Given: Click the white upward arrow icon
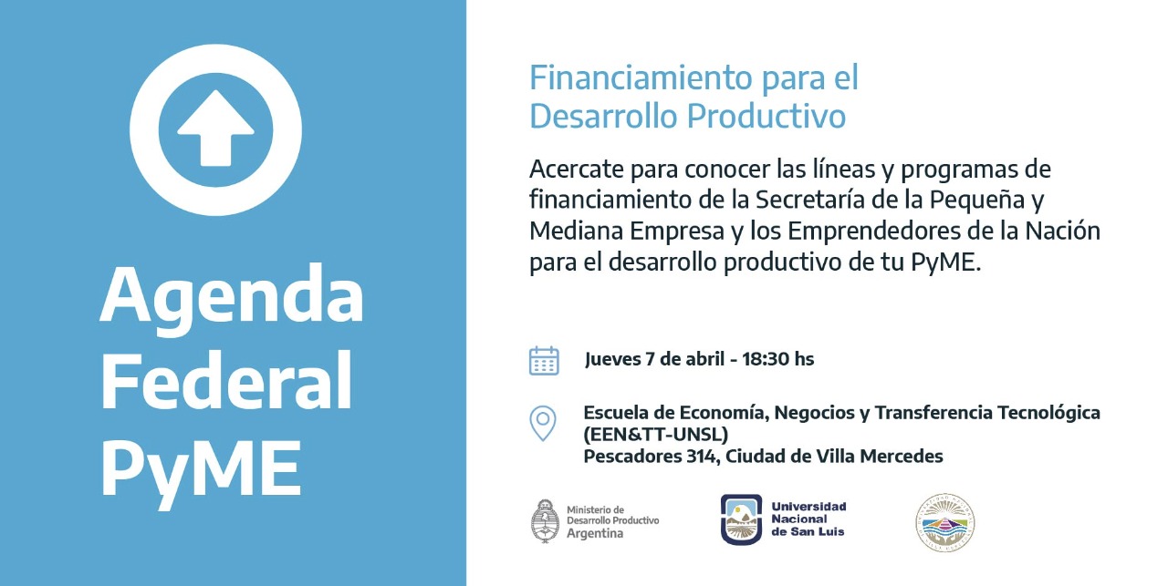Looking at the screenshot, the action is point(215,129).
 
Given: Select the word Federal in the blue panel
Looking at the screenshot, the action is point(226,380).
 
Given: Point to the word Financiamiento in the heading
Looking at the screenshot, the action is point(641,77).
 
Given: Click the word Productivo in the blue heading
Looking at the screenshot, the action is point(766,116).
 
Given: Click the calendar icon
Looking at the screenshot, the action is point(544,361).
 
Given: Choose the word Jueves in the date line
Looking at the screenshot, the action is point(612,360).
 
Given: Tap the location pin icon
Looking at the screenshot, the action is point(543,423).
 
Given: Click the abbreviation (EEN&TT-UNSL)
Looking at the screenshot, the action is point(656,435).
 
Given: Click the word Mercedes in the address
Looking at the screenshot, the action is point(901,457).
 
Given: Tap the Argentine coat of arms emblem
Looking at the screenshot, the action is point(545,521).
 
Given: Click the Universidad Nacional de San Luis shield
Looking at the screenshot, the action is point(741,519).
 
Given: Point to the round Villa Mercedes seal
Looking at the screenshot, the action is point(945,522).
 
